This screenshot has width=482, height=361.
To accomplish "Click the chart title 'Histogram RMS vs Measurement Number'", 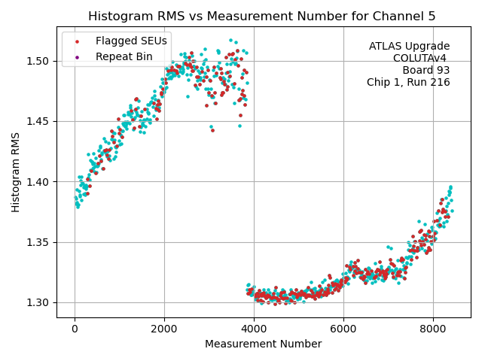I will click(x=263, y=16).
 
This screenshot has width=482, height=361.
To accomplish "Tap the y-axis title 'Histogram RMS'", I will click(x=16, y=172).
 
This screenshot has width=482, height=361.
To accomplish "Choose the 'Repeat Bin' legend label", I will click(x=124, y=56).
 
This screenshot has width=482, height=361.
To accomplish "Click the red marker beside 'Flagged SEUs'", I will click(x=77, y=41).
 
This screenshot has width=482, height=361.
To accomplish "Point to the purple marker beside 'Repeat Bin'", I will click(x=77, y=56).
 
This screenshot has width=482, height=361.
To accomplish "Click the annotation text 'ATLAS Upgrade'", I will click(x=409, y=47).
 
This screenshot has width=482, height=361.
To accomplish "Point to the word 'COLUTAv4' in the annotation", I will click(x=421, y=59).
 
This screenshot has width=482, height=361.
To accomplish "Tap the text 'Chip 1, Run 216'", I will click(x=408, y=83).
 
